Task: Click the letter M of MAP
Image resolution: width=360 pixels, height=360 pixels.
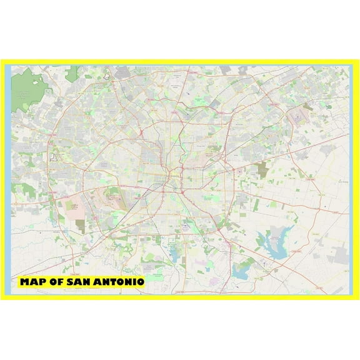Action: pyautogui.click(x=25, y=282)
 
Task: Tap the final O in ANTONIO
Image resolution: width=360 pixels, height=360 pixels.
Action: pyautogui.click(x=141, y=282)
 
